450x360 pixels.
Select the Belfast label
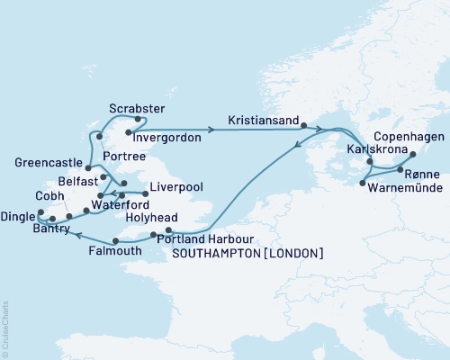click(65, 179)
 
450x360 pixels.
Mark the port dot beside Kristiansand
click(304, 126)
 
